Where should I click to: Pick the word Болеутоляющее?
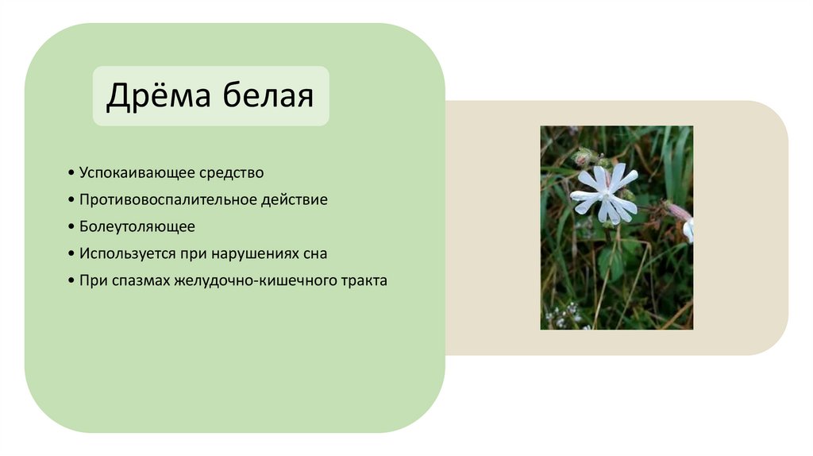137,226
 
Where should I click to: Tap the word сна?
312,253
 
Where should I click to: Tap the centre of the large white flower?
606,193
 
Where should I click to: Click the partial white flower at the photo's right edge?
688,230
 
